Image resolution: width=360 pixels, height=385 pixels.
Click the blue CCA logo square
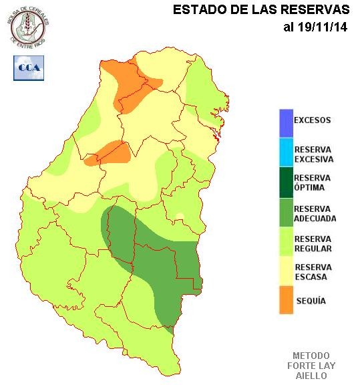coord(29,68)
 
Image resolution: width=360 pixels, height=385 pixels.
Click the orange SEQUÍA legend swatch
coord(286,300)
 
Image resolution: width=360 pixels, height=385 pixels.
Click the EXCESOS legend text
coord(313,120)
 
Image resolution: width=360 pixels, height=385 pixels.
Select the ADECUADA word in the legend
coord(315,219)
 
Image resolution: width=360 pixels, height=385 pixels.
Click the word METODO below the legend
coord(311,355)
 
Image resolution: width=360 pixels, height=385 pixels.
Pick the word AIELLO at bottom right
coord(311,376)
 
